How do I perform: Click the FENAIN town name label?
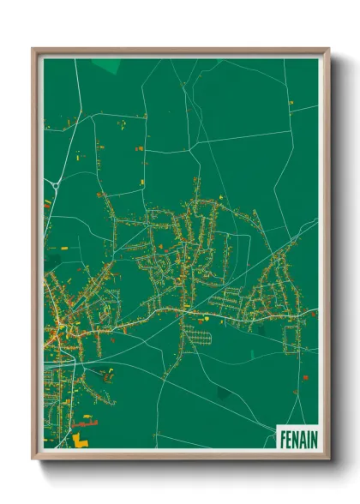point(297,439)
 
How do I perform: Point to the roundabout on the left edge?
point(55,184)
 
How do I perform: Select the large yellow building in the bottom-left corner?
point(80,439)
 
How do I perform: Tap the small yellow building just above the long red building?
point(84,414)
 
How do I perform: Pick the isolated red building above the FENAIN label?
point(304,376)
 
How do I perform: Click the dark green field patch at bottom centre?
point(223,393)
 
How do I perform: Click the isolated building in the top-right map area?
point(291,103)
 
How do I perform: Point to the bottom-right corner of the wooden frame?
point(327,459)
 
